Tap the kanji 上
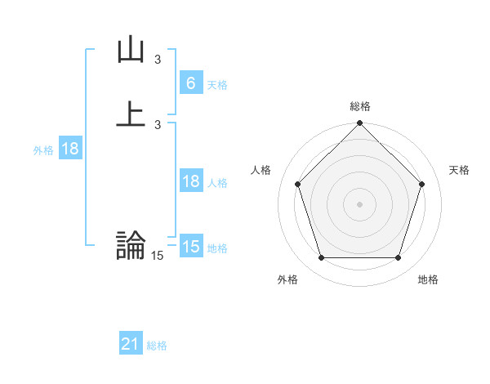point(131,113)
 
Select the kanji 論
point(131,244)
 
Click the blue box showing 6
point(190,83)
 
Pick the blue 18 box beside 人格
point(190,181)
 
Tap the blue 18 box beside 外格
point(69,149)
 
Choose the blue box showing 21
point(131,344)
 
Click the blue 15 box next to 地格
point(190,247)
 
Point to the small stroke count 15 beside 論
point(158,256)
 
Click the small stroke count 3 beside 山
point(158,60)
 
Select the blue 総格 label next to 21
point(157,346)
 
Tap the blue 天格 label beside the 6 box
point(217,84)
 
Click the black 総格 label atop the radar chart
point(360,106)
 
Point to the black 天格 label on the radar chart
point(460,170)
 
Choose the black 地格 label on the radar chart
point(428,279)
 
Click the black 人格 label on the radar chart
point(261,170)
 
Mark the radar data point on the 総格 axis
point(360,124)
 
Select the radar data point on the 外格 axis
point(321,258)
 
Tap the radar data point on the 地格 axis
point(399,258)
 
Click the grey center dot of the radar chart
point(360,203)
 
